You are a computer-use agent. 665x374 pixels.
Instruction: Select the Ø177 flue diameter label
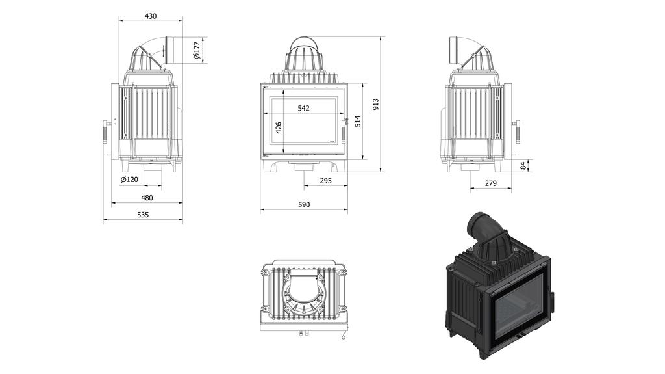point(197,50)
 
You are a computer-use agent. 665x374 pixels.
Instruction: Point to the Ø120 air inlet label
point(130,180)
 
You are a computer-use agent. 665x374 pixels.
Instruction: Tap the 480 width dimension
point(147,198)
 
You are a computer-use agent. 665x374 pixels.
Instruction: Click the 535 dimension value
point(143,215)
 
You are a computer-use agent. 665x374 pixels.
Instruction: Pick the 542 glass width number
point(303,108)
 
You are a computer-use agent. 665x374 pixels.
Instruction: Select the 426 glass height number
point(279,127)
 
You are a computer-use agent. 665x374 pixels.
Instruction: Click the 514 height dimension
point(357,122)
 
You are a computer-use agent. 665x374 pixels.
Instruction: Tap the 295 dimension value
point(326,181)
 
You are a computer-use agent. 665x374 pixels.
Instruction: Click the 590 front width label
point(303,205)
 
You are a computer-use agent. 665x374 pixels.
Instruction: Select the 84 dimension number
point(523,167)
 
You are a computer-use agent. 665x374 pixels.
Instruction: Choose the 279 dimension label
point(490,183)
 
